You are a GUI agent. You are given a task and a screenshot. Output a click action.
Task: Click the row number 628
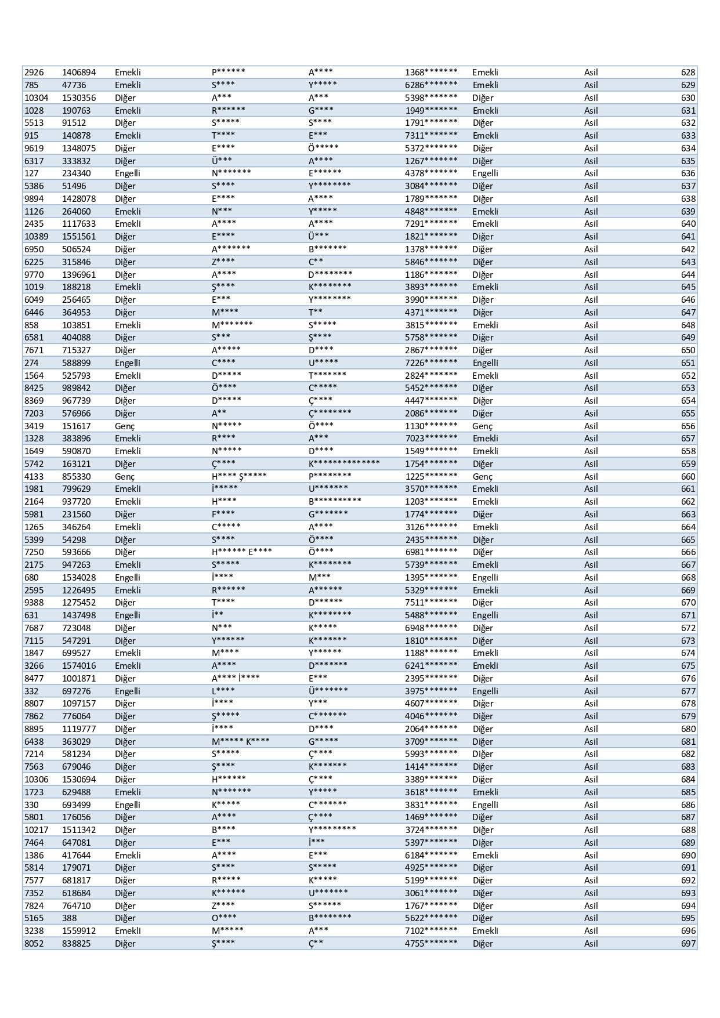[x=688, y=73]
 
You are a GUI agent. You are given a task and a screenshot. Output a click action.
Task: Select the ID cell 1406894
[x=79, y=73]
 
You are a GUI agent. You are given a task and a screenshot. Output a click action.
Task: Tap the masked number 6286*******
[x=431, y=85]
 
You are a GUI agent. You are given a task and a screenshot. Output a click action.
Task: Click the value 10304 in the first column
[x=36, y=98]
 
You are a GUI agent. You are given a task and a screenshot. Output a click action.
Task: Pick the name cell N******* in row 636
[x=231, y=173]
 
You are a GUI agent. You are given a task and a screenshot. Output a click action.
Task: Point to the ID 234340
[x=77, y=173]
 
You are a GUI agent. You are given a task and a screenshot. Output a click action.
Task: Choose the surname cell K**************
[x=344, y=463]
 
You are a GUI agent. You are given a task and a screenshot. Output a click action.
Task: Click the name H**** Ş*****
[x=239, y=476]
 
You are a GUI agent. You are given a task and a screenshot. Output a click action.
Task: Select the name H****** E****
[x=241, y=552]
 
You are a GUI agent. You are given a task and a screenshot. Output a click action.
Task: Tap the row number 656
[x=688, y=426]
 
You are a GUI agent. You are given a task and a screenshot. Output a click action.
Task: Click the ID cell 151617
[x=77, y=426]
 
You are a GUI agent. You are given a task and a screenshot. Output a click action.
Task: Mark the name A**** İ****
[x=236, y=678]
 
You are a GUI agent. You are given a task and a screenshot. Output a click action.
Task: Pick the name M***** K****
[x=240, y=741]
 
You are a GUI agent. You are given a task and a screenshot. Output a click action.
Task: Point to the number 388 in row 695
[x=70, y=918]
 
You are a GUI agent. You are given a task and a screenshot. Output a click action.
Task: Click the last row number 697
[x=688, y=944]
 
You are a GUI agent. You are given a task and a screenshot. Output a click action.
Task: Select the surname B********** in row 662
[x=335, y=501]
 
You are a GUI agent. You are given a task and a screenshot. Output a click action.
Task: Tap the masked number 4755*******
[x=431, y=944]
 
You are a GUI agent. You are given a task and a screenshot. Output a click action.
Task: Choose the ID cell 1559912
[x=79, y=931]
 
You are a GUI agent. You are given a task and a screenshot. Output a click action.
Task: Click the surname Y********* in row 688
[x=332, y=830]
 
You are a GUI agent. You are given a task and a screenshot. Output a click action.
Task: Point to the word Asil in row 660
[x=591, y=476]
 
